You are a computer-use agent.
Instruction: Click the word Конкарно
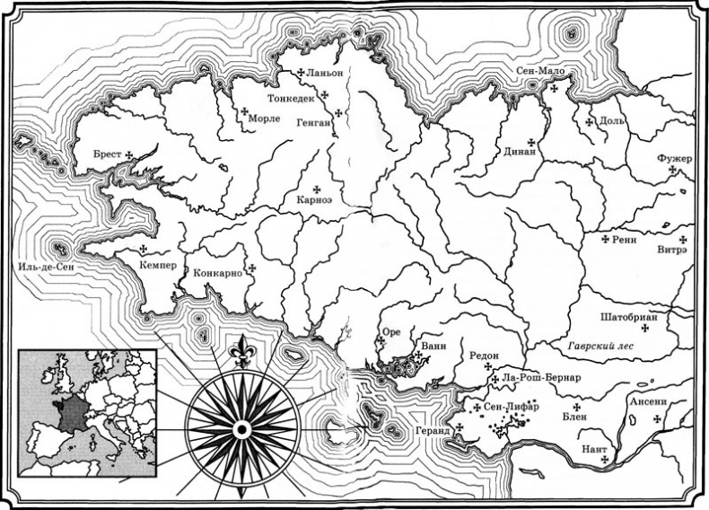(x=218, y=271)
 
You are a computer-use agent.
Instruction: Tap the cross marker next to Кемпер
(x=142, y=250)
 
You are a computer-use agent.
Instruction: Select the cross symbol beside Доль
(x=589, y=120)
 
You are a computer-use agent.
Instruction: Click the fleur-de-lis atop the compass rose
(x=240, y=349)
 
